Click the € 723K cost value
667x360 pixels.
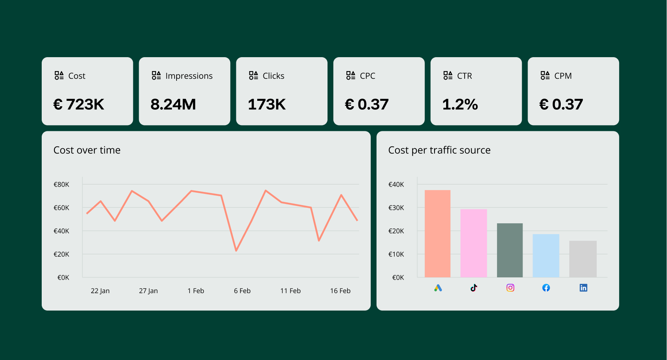79,104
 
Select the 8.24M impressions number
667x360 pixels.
173,104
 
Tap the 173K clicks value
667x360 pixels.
266,104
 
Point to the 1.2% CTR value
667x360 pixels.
460,104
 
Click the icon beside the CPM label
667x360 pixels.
545,75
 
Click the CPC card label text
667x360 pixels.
367,76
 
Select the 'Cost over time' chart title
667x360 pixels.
87,150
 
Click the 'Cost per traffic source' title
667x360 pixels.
439,150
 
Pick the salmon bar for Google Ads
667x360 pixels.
437,233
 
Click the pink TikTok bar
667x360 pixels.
474,243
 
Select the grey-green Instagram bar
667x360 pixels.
510,250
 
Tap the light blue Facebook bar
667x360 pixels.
546,255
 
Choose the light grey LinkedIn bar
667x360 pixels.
583,259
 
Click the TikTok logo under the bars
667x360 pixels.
474,288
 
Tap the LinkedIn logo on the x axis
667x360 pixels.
583,288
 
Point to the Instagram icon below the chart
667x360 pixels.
510,288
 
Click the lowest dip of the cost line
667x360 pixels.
236,251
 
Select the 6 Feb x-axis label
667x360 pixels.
242,291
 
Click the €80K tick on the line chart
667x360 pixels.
61,185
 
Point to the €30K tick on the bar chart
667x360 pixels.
396,208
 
